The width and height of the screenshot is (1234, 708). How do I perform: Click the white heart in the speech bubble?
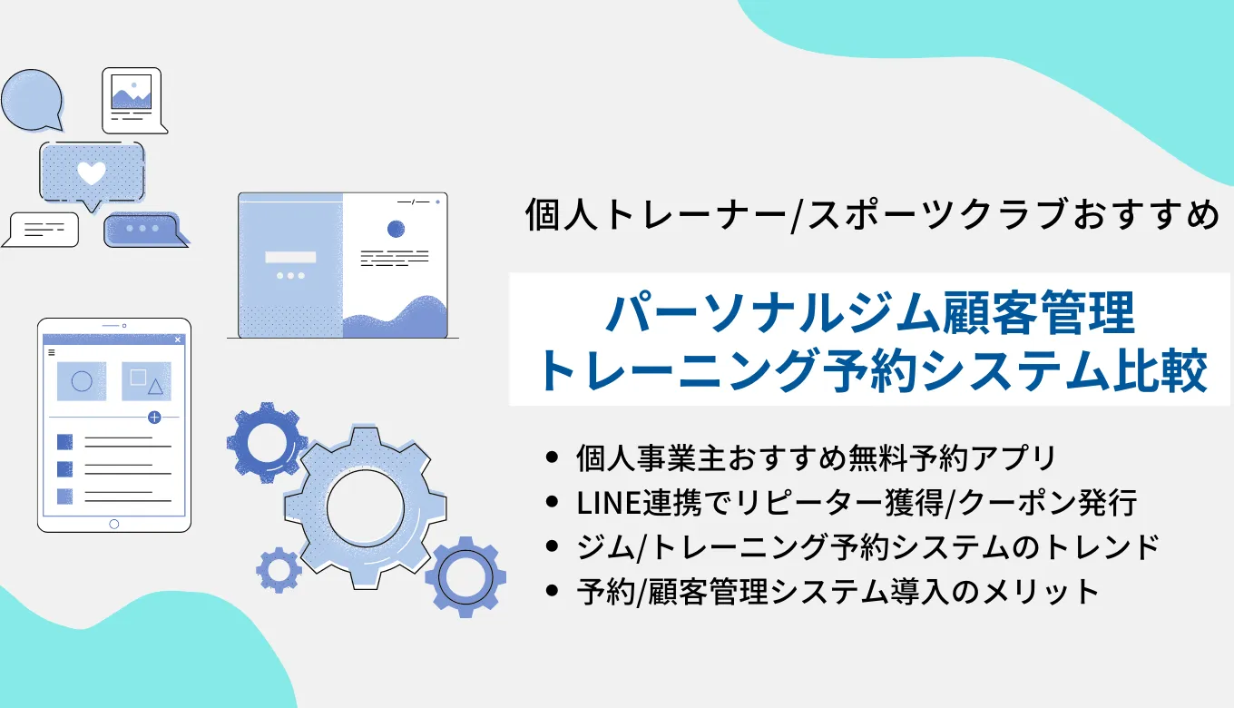[91, 172]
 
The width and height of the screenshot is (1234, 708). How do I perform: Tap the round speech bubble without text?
[32, 98]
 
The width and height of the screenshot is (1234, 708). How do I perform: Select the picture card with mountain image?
[132, 97]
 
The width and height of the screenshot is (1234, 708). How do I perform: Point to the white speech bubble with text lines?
[42, 229]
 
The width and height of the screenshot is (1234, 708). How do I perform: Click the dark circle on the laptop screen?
[396, 229]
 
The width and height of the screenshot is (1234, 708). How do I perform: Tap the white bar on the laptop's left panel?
[290, 257]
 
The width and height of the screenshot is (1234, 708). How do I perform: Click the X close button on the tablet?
[178, 339]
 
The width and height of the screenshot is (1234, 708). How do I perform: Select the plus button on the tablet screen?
[154, 418]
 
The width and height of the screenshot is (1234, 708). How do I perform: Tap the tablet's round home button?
[113, 524]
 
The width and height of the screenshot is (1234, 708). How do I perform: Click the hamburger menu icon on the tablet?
[51, 352]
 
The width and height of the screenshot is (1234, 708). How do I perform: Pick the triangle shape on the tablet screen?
[155, 388]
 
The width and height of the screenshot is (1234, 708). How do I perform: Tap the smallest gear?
[279, 570]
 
